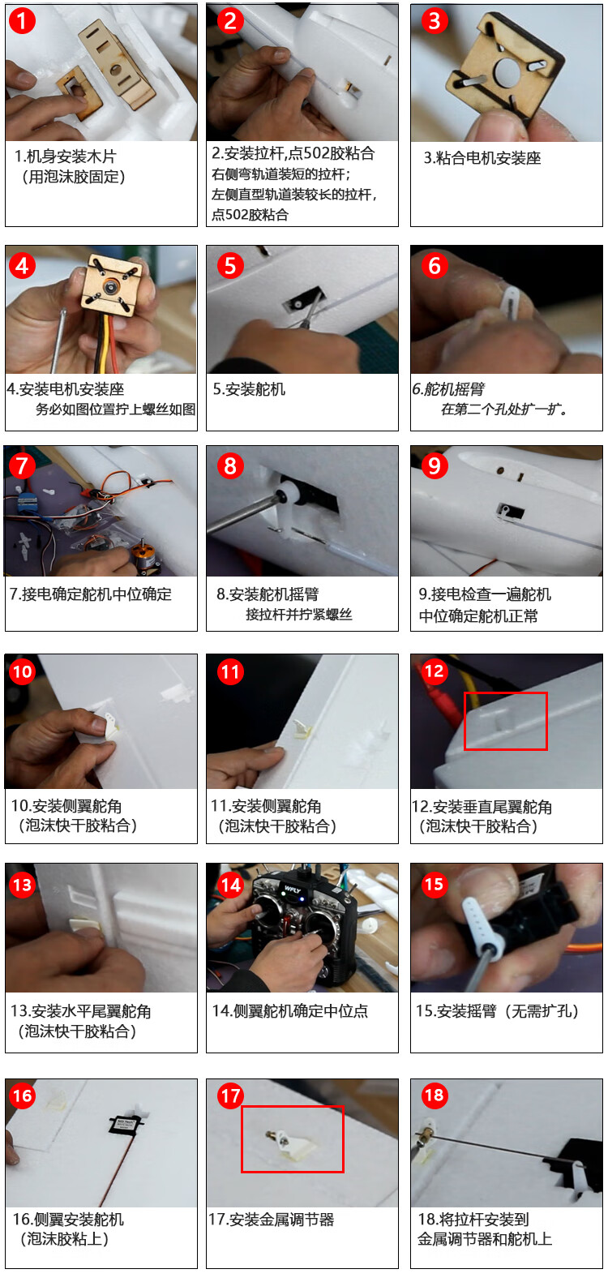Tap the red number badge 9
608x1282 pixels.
(435, 466)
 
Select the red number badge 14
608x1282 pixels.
(230, 885)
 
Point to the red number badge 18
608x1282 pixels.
(435, 1095)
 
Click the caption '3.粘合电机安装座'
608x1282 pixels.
(482, 158)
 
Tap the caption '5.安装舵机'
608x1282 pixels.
(249, 389)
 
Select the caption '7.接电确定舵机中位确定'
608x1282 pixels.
(90, 594)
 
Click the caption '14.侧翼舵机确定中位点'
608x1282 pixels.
(290, 1010)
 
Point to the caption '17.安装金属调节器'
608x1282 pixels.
(271, 1219)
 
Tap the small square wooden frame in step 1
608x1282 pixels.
(79, 92)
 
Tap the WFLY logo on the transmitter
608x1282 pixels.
(293, 890)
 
